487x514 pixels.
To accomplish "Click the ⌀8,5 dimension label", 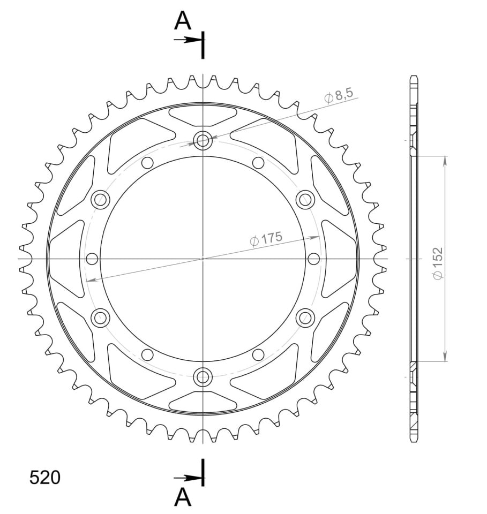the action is [339, 96].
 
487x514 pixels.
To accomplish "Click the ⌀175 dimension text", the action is [266, 238].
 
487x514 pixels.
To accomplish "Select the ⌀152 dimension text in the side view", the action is [438, 263].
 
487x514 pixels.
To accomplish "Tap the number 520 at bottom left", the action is [45, 477].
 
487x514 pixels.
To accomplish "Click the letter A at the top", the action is [183, 21].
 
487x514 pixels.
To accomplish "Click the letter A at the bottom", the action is [183, 498].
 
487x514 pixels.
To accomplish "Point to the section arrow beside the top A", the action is [188, 40].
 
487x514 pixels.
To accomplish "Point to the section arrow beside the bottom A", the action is [188, 478].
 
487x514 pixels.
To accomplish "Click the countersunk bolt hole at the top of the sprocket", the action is [203, 140].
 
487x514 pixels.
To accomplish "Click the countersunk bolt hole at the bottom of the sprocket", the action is [203, 376].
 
